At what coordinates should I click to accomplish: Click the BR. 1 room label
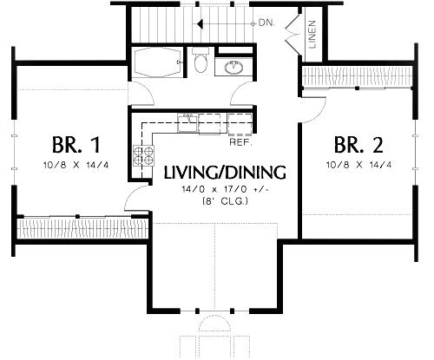[x=69, y=142]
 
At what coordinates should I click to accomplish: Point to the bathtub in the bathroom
[x=158, y=63]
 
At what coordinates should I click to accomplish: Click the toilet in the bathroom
[x=201, y=63]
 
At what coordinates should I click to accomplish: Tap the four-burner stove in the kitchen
[x=140, y=156]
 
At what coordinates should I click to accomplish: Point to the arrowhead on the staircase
[x=199, y=23]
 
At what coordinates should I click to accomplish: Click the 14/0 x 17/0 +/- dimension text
[x=212, y=189]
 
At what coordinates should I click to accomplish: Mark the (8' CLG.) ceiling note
[x=212, y=202]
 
